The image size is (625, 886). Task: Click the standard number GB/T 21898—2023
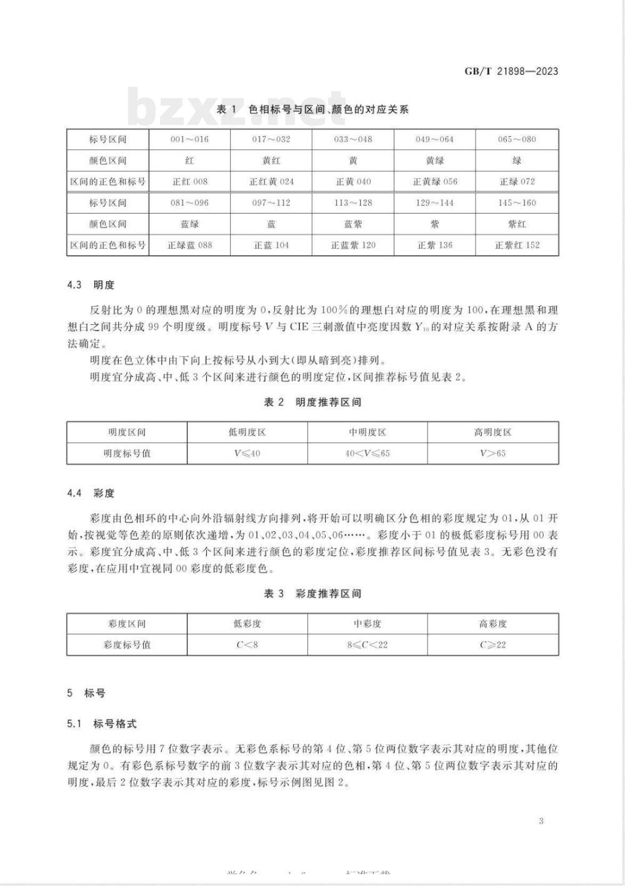(511, 71)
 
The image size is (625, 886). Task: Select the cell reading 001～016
(189, 139)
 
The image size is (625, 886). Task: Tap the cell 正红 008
(189, 182)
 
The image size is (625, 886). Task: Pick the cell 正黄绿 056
(434, 182)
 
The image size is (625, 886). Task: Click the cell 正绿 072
(517, 182)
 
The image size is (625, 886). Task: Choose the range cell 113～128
(353, 203)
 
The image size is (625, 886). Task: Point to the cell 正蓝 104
(271, 245)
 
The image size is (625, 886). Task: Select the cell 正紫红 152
(517, 245)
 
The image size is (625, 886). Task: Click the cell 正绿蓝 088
(189, 245)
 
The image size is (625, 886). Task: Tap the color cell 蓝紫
(353, 224)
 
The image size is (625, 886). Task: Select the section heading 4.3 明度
(91, 285)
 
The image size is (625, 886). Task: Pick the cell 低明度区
(247, 432)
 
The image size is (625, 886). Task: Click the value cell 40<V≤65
(367, 454)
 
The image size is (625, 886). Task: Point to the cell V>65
(492, 454)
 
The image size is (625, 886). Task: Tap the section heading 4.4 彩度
(91, 493)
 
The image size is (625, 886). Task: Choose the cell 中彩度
(367, 624)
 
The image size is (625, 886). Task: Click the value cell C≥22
(492, 645)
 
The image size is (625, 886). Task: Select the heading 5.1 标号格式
(102, 724)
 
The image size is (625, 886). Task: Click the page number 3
(541, 820)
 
